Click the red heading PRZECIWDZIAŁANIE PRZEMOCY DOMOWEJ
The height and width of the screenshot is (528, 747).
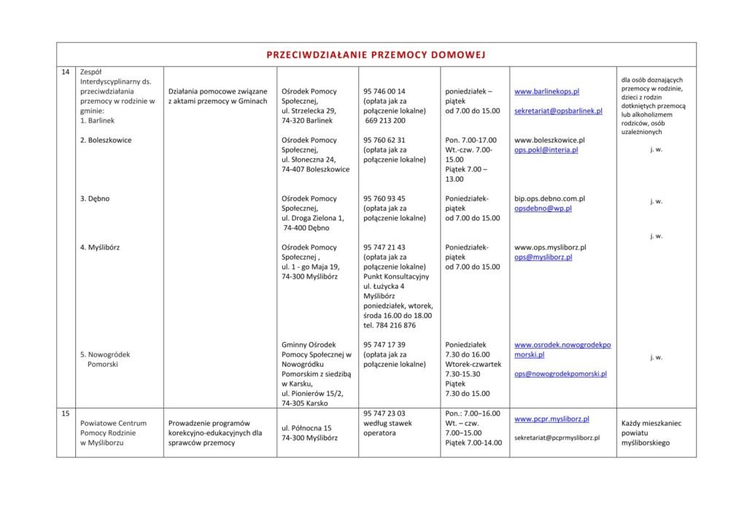(x=376, y=55)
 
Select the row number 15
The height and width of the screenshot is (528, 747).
(x=66, y=414)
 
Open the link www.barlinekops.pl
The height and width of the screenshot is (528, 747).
(x=546, y=92)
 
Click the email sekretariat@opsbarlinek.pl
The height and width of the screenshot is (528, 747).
(x=558, y=111)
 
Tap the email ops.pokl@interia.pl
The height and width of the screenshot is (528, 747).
(x=546, y=150)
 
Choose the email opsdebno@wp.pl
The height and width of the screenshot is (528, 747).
(x=543, y=208)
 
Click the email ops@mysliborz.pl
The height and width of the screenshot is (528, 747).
(x=543, y=257)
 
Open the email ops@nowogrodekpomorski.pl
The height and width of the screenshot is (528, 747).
(x=560, y=373)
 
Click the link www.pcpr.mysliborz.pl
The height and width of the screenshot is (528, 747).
(x=551, y=419)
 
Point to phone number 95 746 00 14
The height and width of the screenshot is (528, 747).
(x=384, y=92)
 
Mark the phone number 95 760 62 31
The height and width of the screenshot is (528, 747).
(x=384, y=140)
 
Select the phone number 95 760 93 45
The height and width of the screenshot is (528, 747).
(x=384, y=198)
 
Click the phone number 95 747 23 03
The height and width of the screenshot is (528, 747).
(x=384, y=413)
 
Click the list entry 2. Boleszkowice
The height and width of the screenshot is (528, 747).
(x=106, y=140)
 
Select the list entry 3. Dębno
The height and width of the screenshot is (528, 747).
(x=95, y=198)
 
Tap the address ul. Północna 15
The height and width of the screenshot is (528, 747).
(x=306, y=428)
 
